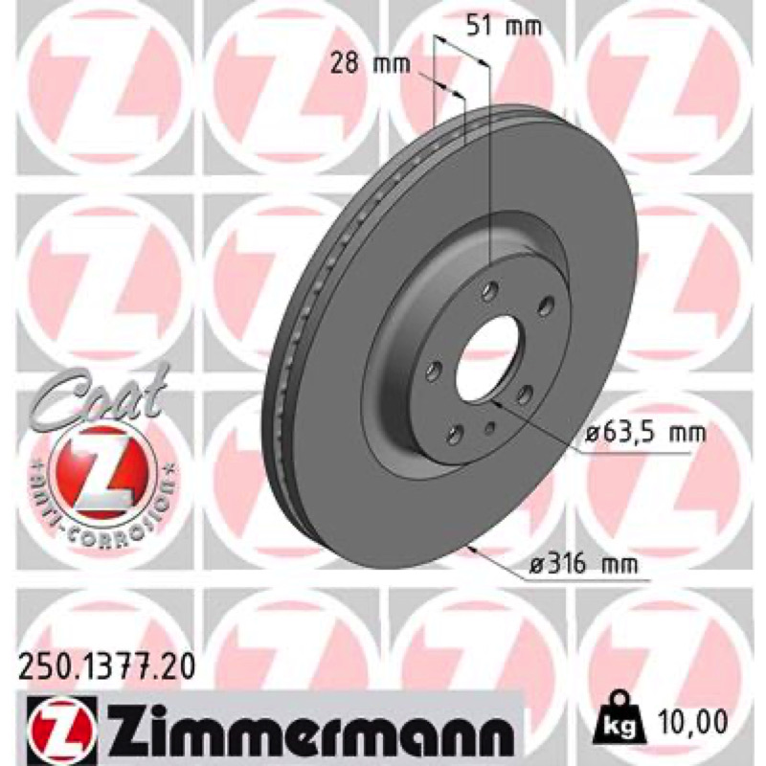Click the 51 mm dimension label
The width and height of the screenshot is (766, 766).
[504, 27]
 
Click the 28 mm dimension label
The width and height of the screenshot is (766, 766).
[371, 64]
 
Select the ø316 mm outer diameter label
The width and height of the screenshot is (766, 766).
[585, 565]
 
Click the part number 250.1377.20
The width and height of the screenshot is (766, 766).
[106, 666]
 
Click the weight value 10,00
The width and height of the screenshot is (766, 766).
[689, 721]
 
